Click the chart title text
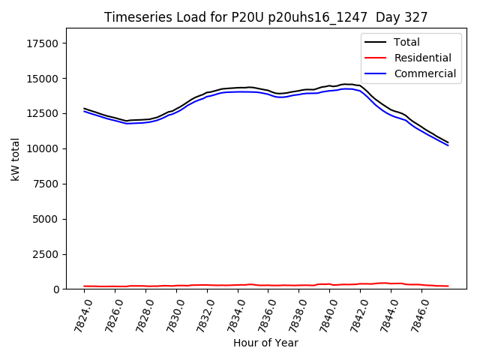tap(266, 17)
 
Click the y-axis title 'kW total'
tap(16, 159)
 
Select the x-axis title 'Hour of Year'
tap(265, 343)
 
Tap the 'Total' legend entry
tap(406, 42)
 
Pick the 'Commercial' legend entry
tap(424, 73)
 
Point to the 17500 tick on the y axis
tap(43, 43)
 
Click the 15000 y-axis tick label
tap(43, 79)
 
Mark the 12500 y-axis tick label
tap(43, 113)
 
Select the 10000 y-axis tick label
tap(43, 148)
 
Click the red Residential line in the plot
tap(225, 285)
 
